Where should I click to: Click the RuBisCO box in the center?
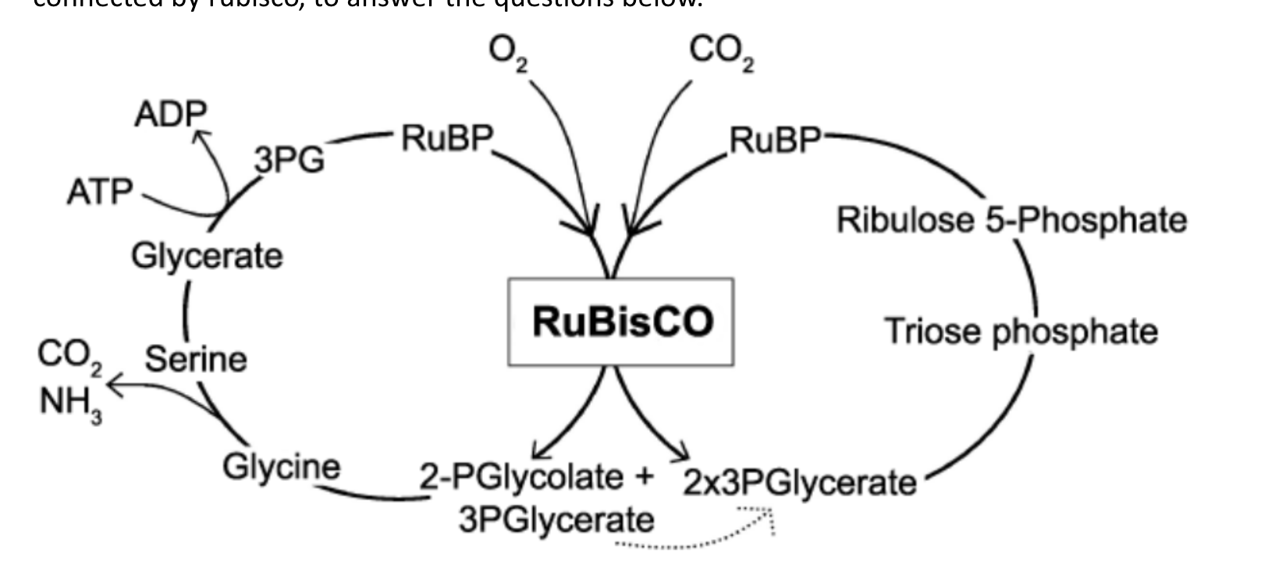[620, 322]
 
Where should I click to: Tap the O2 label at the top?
[507, 53]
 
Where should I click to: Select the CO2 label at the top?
[721, 53]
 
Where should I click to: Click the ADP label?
[170, 115]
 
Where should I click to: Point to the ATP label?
[100, 192]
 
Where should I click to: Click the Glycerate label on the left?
[207, 256]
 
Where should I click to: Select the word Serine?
[196, 359]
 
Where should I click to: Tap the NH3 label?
[70, 404]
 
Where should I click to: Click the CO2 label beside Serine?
[69, 357]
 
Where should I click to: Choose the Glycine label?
[282, 467]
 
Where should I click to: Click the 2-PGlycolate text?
[521, 477]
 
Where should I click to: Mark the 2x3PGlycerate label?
[799, 483]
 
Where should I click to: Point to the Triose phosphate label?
[1021, 332]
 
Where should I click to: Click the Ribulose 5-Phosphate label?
[1011, 220]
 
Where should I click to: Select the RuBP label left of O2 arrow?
[448, 139]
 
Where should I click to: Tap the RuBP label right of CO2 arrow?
[775, 140]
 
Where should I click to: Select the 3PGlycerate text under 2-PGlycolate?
[556, 520]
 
